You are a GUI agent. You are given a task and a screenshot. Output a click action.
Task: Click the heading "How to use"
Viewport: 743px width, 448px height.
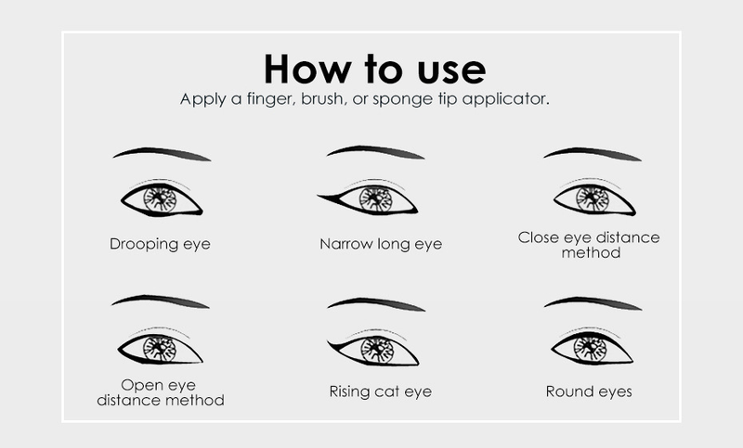tap(375, 69)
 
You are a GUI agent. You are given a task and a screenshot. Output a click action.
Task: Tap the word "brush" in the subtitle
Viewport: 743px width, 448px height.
tap(322, 98)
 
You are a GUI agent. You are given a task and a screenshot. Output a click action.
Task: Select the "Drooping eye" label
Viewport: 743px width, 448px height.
tap(160, 244)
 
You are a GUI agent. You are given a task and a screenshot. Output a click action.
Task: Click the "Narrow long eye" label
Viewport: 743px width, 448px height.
tap(381, 244)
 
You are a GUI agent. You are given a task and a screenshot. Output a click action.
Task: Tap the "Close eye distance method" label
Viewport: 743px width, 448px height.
tap(589, 245)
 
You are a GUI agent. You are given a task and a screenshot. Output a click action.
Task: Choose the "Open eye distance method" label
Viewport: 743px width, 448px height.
tap(160, 392)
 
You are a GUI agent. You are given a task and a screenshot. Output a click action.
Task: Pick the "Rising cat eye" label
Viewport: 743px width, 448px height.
tap(381, 391)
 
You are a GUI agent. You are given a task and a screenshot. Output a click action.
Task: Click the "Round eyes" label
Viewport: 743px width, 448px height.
tap(589, 391)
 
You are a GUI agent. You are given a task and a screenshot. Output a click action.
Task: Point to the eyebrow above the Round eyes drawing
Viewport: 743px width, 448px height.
tap(593, 301)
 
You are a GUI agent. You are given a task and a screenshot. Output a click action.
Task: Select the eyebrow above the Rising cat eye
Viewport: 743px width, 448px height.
tap(376, 302)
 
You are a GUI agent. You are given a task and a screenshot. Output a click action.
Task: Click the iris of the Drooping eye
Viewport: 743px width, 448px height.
tap(160, 198)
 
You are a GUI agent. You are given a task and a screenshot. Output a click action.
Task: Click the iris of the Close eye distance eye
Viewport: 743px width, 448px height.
tap(593, 198)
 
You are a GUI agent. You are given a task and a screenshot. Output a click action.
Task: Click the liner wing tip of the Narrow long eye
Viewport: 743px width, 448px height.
tap(319, 195)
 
